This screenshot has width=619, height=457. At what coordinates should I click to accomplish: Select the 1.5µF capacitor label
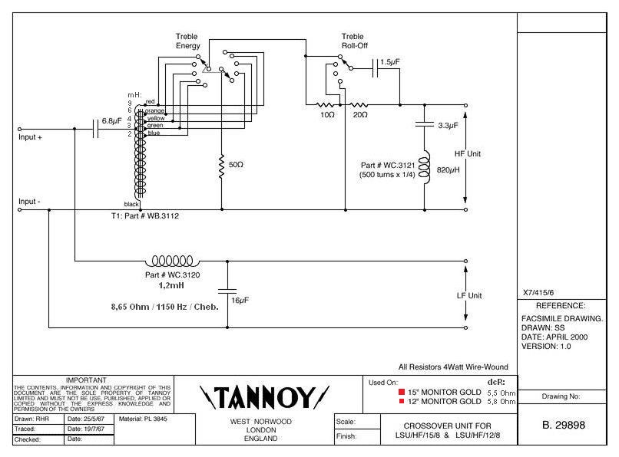tap(390, 61)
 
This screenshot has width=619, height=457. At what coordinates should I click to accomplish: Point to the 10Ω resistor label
tap(328, 114)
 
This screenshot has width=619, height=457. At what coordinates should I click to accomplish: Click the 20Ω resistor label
tap(359, 114)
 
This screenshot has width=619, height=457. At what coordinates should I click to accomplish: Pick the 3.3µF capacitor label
tap(448, 124)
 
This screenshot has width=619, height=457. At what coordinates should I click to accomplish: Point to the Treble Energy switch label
tap(187, 41)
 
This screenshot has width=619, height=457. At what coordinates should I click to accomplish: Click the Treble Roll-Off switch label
tap(353, 41)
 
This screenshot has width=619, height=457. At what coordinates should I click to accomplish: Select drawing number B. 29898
tap(568, 425)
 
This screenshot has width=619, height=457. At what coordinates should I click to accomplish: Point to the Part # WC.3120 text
tap(172, 274)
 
